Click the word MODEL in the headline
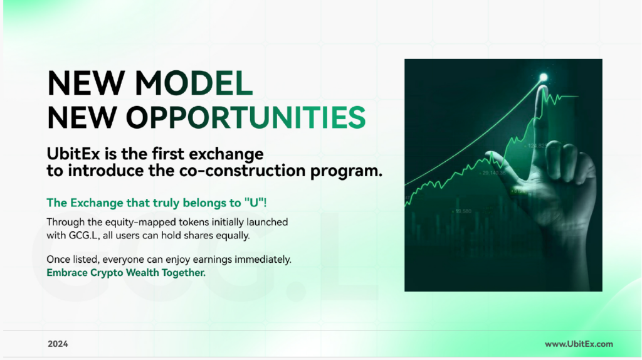[x=194, y=83]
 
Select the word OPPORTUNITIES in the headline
[x=246, y=117]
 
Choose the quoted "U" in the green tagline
[x=254, y=203]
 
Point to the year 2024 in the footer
[x=58, y=344]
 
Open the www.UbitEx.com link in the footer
[x=579, y=344]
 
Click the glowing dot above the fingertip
[x=544, y=77]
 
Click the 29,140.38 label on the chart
[x=493, y=173]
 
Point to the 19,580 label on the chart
[x=463, y=211]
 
